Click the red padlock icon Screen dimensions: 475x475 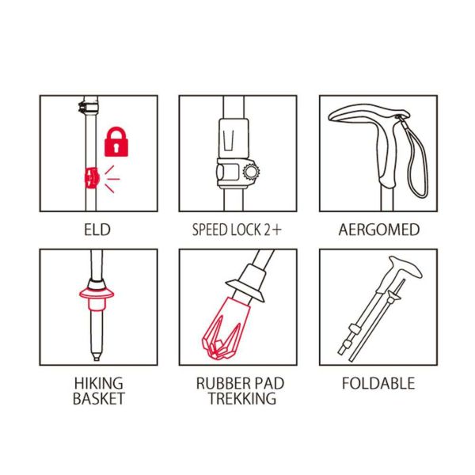(x=116, y=142)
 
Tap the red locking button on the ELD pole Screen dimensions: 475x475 (x=91, y=177)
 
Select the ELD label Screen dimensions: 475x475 (x=97, y=230)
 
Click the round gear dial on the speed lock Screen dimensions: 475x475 (x=251, y=172)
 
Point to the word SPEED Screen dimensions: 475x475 (x=211, y=230)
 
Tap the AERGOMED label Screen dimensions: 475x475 (x=379, y=230)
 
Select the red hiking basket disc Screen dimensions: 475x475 (x=97, y=293)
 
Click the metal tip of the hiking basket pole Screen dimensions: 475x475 (x=97, y=355)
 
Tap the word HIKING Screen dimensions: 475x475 (x=99, y=383)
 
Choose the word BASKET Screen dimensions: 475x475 (x=99, y=398)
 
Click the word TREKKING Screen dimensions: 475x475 (x=242, y=398)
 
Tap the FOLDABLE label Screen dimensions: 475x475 (x=378, y=383)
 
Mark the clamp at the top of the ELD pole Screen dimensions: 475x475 (x=88, y=106)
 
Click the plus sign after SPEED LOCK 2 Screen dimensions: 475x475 (x=276, y=230)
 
